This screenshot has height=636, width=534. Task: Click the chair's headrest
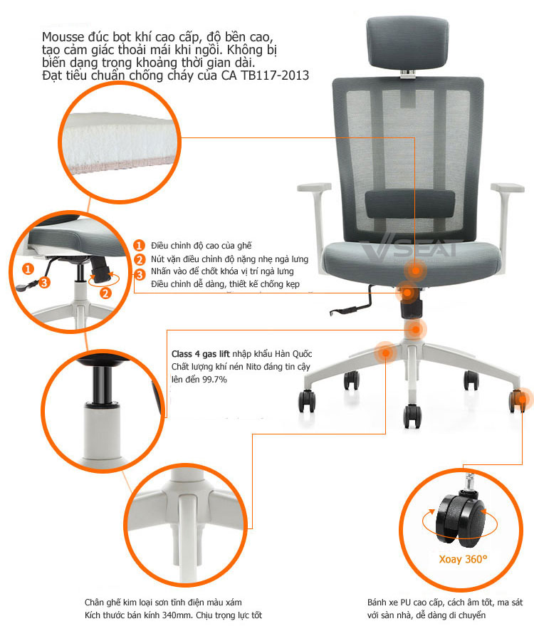coord(407,43)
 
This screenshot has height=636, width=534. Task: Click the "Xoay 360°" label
coord(463,559)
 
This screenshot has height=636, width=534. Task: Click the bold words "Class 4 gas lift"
coord(200,354)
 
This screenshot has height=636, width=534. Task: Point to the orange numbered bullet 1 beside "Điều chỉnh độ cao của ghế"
coord(139,246)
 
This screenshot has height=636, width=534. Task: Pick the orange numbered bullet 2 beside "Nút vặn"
coord(140,259)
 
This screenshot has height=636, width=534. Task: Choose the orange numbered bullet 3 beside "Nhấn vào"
coord(140,275)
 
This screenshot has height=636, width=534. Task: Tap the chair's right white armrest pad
coord(507,188)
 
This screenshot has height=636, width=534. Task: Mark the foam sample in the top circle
coord(120,142)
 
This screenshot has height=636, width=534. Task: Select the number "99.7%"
coord(214,380)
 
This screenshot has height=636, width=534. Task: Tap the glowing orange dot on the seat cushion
coord(414,271)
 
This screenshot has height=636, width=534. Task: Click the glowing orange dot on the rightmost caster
coord(522,400)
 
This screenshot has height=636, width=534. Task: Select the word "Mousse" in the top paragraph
coord(63,37)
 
